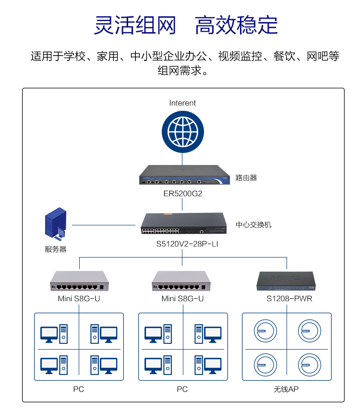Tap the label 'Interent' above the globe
tap(182, 103)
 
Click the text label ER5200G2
tap(182, 194)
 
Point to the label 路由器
tap(246, 178)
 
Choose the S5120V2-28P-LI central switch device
tap(183, 224)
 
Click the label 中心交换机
tap(253, 224)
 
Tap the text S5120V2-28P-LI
tap(183, 244)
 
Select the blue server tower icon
tap(56, 223)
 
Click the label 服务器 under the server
tap(56, 249)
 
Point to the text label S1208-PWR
tap(286, 299)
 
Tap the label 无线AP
tap(287, 389)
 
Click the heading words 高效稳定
tap(236, 25)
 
